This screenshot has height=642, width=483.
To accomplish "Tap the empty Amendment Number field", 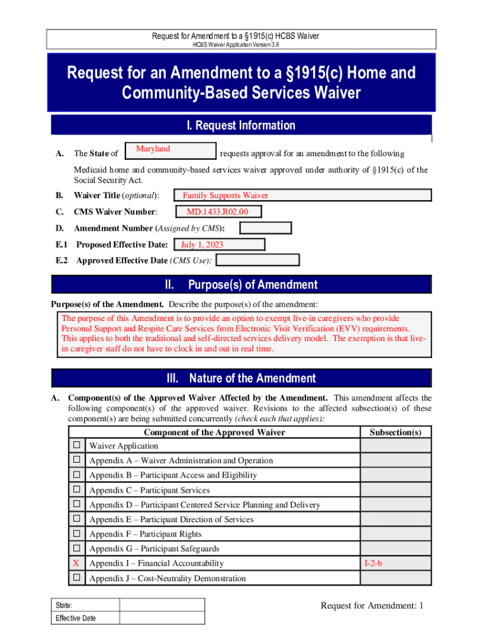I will [265, 228].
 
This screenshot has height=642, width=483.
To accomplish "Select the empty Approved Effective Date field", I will [257, 260].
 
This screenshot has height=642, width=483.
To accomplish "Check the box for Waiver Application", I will [77, 445].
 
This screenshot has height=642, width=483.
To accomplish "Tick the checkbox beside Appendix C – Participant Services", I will [77, 490].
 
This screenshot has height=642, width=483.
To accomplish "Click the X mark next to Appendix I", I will [77, 563].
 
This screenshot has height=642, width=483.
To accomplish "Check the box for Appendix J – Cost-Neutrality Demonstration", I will [77, 577].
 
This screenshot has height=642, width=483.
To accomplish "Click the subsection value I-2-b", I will [373, 564].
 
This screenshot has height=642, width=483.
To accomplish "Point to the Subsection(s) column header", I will [395, 432].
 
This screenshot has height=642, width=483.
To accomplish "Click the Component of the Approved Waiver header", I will [214, 432].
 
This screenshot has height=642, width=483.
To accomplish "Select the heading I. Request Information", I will [241, 125].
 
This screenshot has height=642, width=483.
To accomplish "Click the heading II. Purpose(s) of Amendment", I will [241, 285].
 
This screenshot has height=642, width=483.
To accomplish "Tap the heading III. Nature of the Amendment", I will [241, 378].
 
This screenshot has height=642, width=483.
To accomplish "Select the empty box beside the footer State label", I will [162, 605].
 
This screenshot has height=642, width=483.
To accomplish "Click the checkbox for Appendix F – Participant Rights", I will [77, 534].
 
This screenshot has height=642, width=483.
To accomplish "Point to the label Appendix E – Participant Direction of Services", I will [171, 519].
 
